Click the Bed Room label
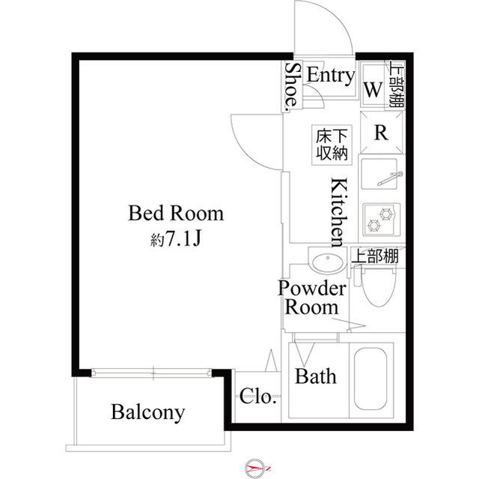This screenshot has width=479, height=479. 176,214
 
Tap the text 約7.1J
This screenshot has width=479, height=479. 176,239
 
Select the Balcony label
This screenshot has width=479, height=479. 147,412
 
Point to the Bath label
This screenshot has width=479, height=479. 315,376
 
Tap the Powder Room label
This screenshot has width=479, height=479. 312,298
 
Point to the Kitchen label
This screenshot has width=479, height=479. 338,212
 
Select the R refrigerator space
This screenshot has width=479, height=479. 380,134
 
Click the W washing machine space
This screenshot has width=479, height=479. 372,88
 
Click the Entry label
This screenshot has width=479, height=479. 330,75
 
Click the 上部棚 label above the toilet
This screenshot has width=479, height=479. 375,257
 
